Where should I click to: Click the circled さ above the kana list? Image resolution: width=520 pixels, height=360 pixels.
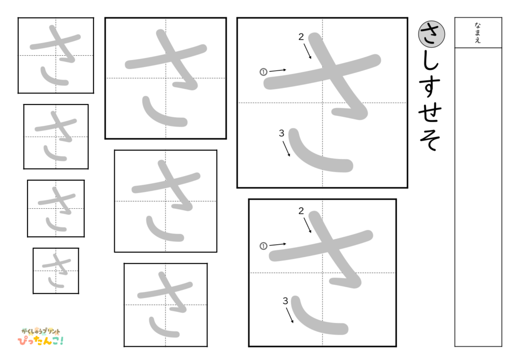coord(431,34)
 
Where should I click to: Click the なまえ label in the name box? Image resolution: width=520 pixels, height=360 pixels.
coord(478,32)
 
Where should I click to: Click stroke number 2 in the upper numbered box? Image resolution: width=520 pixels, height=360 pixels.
coord(301,37)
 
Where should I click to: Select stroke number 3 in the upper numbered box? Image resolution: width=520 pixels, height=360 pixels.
coord(281,134)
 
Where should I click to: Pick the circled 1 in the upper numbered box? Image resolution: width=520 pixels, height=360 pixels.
coord(263,72)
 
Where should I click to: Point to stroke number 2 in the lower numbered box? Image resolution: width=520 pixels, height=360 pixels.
coord(301,211)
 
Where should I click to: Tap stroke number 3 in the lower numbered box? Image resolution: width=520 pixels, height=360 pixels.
coord(285,301)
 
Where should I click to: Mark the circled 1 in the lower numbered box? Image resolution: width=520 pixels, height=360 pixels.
coord(263,246)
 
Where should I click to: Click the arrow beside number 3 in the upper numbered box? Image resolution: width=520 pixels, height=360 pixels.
coord(286,148)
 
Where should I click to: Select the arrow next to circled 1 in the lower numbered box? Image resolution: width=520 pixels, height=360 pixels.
coord(278,244)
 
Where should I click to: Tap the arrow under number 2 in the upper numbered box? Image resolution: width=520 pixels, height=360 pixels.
coord(308,51)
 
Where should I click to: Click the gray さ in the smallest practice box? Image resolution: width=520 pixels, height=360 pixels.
coord(56,270)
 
